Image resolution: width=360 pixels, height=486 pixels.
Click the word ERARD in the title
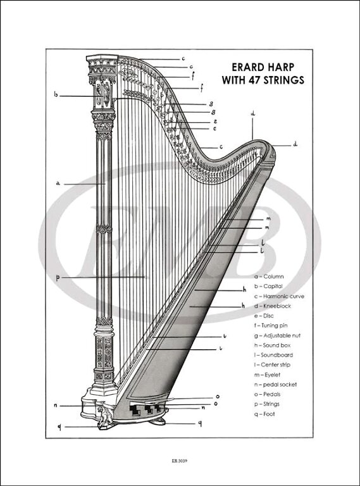[x=249, y=67]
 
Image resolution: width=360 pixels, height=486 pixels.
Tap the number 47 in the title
[x=254, y=80]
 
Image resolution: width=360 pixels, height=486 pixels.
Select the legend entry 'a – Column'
[x=269, y=277]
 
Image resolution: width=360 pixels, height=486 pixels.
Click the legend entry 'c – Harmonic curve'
[x=279, y=296]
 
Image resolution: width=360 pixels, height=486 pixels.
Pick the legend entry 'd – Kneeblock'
[x=273, y=306]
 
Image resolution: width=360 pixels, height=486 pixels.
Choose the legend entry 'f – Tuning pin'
[x=271, y=325]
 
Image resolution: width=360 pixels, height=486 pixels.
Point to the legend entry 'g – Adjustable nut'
[x=277, y=335]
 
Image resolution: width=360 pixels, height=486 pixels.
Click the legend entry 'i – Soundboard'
[x=273, y=355]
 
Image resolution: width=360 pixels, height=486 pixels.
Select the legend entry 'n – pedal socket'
[x=275, y=385]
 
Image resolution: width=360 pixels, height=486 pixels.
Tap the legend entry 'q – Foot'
[x=264, y=414]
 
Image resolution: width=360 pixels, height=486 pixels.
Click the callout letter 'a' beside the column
[x=58, y=184]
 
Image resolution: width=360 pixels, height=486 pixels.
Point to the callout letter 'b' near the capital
[x=56, y=94]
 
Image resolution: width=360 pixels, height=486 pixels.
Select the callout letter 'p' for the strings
[x=58, y=278]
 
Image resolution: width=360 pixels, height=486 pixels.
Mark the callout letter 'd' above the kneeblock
[x=253, y=113]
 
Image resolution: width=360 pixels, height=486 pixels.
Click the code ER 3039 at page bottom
[x=180, y=461]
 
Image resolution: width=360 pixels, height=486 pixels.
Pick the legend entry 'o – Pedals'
[x=268, y=394]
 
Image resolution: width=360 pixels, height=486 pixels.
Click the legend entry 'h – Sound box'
[x=272, y=346]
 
